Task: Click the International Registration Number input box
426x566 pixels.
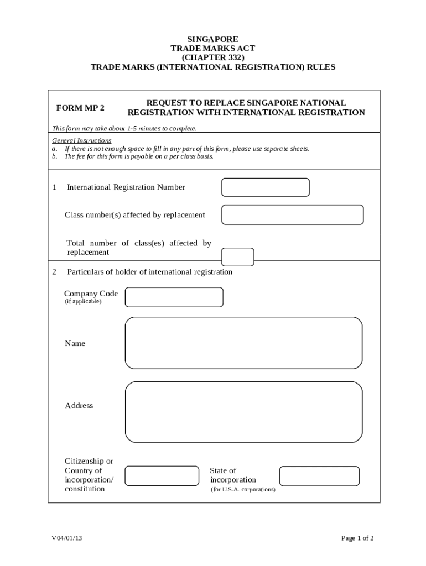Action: [x=265, y=187]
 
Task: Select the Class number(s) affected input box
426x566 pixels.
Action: [x=292, y=214]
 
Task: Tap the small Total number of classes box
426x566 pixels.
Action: [x=237, y=257]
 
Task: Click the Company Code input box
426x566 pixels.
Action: [x=174, y=297]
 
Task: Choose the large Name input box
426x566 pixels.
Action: [x=243, y=343]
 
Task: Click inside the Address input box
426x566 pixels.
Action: [x=243, y=412]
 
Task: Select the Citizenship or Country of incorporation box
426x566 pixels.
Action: [x=162, y=475]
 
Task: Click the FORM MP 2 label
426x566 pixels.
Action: [x=80, y=108]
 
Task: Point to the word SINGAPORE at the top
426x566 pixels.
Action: [x=213, y=39]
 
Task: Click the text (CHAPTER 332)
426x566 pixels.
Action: [x=213, y=57]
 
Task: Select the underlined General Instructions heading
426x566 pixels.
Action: [x=81, y=141]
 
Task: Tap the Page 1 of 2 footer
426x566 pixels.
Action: [x=357, y=538]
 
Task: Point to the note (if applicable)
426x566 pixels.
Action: [x=83, y=302]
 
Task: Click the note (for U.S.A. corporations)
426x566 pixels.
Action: [x=243, y=490]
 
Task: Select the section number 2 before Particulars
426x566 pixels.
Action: [x=54, y=272]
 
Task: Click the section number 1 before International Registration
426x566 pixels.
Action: [x=54, y=187]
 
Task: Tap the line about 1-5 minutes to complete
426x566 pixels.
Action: [x=124, y=129]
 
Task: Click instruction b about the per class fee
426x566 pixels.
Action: [x=133, y=156]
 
